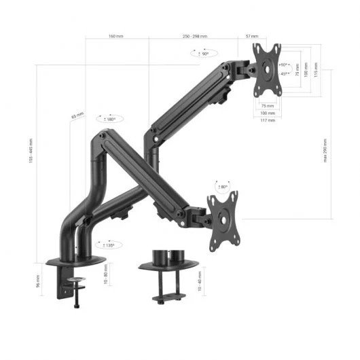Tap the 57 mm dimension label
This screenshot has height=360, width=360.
(x=253, y=36)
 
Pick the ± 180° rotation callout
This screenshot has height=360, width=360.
(x=109, y=118)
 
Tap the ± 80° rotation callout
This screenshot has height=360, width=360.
(x=221, y=186)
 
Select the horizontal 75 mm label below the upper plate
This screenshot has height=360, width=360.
(x=267, y=106)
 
